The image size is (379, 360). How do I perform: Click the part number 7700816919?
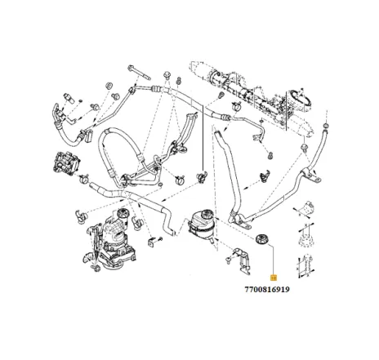coord(266,288)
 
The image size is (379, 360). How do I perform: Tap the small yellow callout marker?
coord(274,278)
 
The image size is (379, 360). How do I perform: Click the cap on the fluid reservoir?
coord(197,209)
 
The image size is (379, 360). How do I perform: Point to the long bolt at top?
coord(141,73)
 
